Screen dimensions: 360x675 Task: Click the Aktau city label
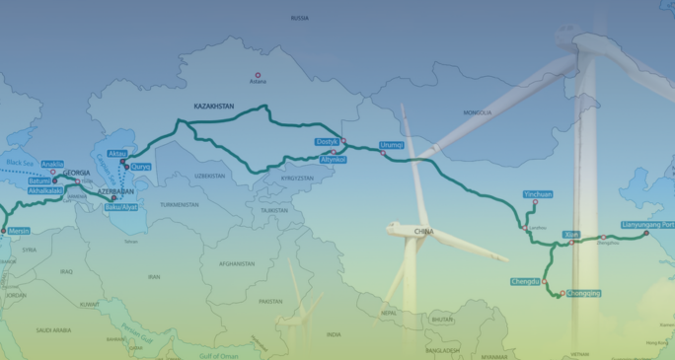point(117,154)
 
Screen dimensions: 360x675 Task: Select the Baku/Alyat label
point(121,207)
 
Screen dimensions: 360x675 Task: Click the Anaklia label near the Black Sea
point(52,164)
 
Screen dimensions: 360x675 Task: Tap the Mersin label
point(20,231)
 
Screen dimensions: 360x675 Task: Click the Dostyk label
point(327,142)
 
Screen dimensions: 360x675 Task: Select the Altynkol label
point(334,159)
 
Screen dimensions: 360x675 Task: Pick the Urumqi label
point(392,145)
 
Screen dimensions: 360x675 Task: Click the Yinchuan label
point(538,195)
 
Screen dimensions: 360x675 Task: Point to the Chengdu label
point(526,282)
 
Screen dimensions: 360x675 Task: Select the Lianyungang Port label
point(647,225)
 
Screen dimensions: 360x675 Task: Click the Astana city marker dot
point(259,76)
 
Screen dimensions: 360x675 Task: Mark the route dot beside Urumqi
point(383,154)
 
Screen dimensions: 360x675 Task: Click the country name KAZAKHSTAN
point(213,106)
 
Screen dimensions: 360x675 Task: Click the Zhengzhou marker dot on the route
point(603,237)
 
